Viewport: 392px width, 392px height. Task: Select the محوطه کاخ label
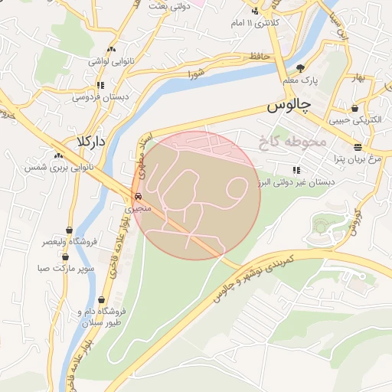point(293,142)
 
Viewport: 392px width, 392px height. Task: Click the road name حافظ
point(257,57)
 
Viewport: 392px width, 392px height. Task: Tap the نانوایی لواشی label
point(101,60)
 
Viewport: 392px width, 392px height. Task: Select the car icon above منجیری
point(138,196)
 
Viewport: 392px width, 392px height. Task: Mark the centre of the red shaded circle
point(196,195)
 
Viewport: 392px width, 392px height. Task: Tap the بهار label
point(373,79)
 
